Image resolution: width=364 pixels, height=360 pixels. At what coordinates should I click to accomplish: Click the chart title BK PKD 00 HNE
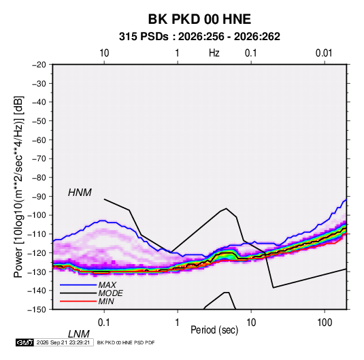pos(199,19)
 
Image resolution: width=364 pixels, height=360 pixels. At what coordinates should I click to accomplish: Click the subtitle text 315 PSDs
pos(144,37)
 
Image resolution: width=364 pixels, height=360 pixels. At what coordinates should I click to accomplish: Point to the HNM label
pos(80,193)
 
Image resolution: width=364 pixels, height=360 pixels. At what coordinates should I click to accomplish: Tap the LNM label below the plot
pos(79,334)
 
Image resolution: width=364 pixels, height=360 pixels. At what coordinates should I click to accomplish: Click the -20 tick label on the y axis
pos(39,65)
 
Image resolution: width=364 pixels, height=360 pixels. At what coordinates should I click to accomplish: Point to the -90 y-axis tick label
pos(39,197)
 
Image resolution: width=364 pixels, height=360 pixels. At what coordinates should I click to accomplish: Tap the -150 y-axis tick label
pos(37,310)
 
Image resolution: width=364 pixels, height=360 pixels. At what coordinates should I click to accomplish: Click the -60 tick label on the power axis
pos(39,140)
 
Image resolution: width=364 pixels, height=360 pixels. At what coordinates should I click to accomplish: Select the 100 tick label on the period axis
pos(325,323)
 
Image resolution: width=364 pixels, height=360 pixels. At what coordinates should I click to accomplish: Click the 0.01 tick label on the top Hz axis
pos(324,53)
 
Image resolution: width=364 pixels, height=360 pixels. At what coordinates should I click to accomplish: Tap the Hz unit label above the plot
pos(214,53)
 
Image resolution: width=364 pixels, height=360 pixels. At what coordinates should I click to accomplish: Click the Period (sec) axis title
pos(214,330)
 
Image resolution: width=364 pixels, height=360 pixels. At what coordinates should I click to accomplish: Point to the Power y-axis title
pos(18,186)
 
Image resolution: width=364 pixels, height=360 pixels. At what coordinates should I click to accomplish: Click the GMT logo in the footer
pos(24,342)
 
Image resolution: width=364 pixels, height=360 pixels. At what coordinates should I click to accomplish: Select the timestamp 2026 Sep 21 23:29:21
pos(63,342)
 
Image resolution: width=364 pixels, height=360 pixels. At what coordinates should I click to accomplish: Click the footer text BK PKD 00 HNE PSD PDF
pos(126,342)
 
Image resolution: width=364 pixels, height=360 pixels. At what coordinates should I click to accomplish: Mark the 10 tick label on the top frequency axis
pos(104,53)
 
